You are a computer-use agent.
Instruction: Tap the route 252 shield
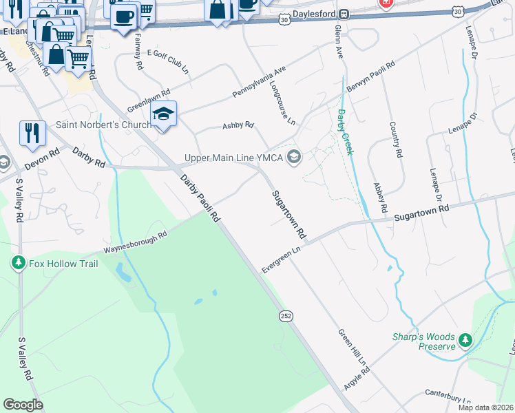[x=286, y=315]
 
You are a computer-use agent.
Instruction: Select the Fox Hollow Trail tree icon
[x=19, y=263]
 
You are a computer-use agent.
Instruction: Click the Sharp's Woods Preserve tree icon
[x=465, y=341]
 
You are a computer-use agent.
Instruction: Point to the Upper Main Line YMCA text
[x=234, y=158]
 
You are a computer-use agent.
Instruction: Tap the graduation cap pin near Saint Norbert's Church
[x=164, y=115]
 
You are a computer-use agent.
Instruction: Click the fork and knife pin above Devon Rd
[x=32, y=133]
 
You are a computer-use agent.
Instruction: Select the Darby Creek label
[x=345, y=131]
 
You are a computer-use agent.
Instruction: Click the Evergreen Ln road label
[x=282, y=258]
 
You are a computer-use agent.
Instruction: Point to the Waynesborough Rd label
[x=136, y=244]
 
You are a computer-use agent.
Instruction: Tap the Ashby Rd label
[x=238, y=126]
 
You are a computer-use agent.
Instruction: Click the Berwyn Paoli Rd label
[x=371, y=76]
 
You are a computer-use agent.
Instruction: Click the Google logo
[x=23, y=404]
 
